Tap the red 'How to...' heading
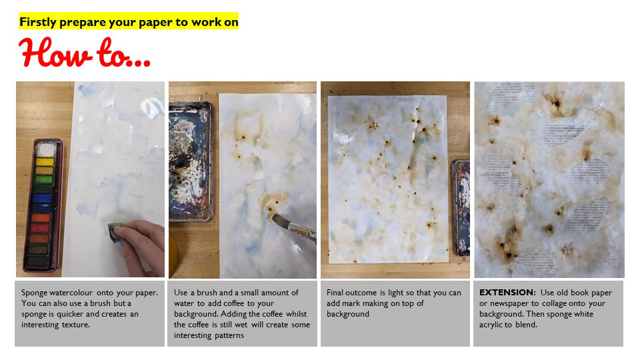pyautogui.click(x=85, y=53)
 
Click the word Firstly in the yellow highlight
pyautogui.click(x=38, y=22)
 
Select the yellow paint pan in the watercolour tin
pyautogui.click(x=45, y=161)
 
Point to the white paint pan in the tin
pyautogui.click(x=45, y=150)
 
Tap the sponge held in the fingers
pyautogui.click(x=115, y=233)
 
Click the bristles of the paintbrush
pyautogui.click(x=281, y=221)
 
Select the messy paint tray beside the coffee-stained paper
pyautogui.click(x=191, y=161)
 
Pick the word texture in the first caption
pyautogui.click(x=75, y=325)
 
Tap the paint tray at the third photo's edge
pyautogui.click(x=461, y=208)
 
